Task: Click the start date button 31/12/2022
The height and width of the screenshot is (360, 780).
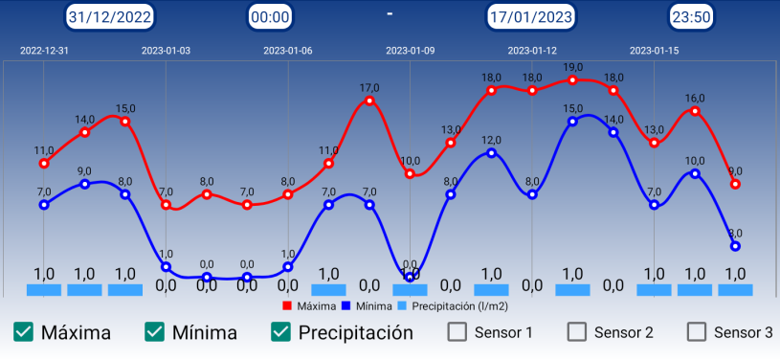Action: (109, 16)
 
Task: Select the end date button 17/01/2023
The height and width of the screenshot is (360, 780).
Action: (531, 16)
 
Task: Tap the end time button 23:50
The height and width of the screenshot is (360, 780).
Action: (690, 16)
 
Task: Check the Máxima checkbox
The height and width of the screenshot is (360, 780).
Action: (24, 332)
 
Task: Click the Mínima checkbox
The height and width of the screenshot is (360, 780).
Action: (155, 332)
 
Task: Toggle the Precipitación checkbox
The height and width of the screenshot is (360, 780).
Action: (280, 332)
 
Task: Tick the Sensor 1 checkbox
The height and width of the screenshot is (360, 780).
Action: (458, 332)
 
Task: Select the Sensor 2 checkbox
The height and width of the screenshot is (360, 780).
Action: (577, 332)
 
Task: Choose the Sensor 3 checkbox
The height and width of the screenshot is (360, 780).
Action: (697, 332)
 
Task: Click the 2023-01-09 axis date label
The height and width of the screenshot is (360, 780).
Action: (410, 51)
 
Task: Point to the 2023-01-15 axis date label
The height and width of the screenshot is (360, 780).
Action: (654, 51)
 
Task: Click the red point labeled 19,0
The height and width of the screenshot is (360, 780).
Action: (572, 80)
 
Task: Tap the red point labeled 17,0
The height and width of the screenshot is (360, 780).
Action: (369, 101)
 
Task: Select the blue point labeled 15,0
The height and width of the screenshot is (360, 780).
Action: (572, 122)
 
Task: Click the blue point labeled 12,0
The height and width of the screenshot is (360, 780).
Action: (491, 152)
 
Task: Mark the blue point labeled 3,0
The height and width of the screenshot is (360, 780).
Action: (735, 246)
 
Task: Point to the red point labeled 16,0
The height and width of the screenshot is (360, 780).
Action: (695, 111)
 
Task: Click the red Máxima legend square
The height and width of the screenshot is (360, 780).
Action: (288, 306)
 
